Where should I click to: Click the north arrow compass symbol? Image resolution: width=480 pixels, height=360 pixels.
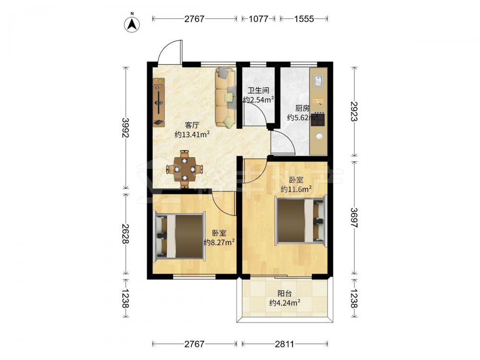click(x=132, y=24)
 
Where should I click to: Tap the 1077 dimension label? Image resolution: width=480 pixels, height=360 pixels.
click(x=258, y=19)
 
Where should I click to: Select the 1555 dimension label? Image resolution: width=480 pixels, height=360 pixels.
click(x=304, y=19)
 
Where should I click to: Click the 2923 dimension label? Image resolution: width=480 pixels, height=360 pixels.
click(x=354, y=111)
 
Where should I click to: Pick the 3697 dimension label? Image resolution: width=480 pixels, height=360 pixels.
click(x=354, y=217)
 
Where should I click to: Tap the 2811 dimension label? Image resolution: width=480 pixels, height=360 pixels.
click(x=284, y=344)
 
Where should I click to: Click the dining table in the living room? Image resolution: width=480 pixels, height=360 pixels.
click(x=185, y=168)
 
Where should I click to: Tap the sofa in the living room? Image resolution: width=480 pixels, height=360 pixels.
click(x=226, y=97)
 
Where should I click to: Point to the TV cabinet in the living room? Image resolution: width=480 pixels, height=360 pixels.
click(x=159, y=102)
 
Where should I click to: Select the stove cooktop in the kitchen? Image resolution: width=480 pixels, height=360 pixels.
click(x=318, y=119)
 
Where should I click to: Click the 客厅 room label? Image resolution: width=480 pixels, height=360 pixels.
click(x=192, y=125)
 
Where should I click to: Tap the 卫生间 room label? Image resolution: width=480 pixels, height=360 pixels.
click(x=258, y=91)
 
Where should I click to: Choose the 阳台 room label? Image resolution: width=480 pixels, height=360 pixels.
click(x=285, y=294)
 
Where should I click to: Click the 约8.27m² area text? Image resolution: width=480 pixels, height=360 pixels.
click(x=219, y=242)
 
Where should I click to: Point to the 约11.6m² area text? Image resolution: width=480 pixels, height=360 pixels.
click(x=296, y=189)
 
